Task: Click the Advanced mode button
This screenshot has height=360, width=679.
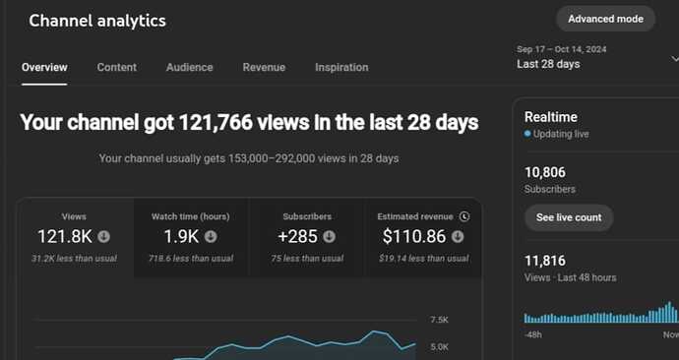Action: (x=605, y=19)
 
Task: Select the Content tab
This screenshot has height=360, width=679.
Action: (x=117, y=68)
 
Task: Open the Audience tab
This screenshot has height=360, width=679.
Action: (x=190, y=68)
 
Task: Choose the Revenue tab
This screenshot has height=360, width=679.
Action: (x=264, y=68)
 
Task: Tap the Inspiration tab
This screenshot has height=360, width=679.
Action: (x=341, y=68)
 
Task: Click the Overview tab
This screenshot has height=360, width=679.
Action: (x=44, y=68)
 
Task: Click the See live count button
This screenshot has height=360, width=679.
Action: (x=568, y=217)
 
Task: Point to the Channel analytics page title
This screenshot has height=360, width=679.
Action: (x=97, y=21)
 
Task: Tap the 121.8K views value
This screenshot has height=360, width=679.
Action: (x=65, y=236)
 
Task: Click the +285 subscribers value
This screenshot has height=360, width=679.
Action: (x=297, y=236)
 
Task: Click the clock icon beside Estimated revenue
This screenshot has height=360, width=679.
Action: (x=464, y=216)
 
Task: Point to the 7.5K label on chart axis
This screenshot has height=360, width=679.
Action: (x=439, y=321)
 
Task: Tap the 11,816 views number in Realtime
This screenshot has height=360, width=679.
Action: (x=544, y=261)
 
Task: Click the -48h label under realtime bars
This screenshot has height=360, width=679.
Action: (x=533, y=334)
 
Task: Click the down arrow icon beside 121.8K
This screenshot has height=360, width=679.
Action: (x=103, y=236)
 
